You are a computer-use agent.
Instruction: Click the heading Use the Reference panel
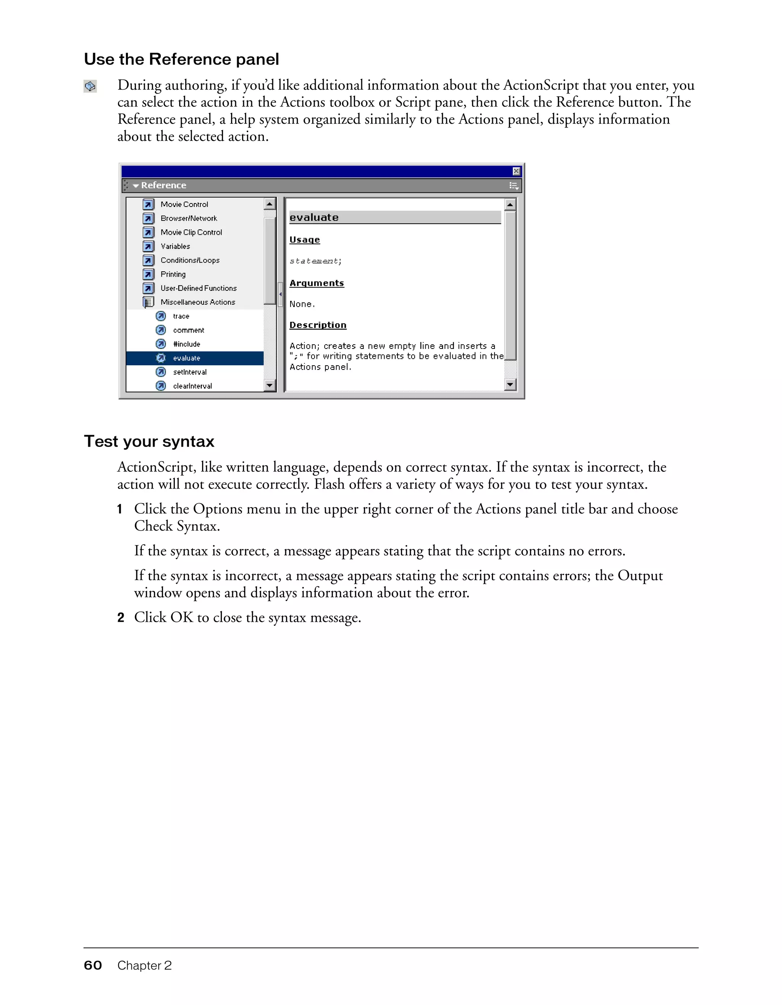pos(181,60)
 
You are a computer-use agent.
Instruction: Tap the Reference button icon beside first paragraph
pos(90,86)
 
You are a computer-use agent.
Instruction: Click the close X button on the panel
pos(516,171)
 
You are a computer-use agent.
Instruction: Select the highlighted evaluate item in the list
pos(186,358)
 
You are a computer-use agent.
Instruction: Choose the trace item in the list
pos(181,316)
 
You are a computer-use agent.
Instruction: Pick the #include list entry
pos(186,344)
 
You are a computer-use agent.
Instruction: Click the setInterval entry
pos(190,372)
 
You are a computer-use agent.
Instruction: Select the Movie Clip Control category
pos(191,232)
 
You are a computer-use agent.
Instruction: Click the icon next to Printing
pos(148,274)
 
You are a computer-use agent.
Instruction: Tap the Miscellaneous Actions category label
pos(197,302)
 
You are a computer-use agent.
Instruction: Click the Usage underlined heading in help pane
pos(304,240)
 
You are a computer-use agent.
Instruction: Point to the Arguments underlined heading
pos(317,283)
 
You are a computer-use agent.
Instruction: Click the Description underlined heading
pos(318,325)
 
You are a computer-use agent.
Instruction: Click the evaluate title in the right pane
pos(314,217)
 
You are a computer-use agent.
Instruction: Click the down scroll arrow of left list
pos(270,385)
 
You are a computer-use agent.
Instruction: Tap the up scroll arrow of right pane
pos(510,204)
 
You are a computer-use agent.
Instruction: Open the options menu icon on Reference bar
pos(514,186)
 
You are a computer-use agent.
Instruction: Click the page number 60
pos(92,965)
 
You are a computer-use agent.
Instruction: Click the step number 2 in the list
pos(121,618)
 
